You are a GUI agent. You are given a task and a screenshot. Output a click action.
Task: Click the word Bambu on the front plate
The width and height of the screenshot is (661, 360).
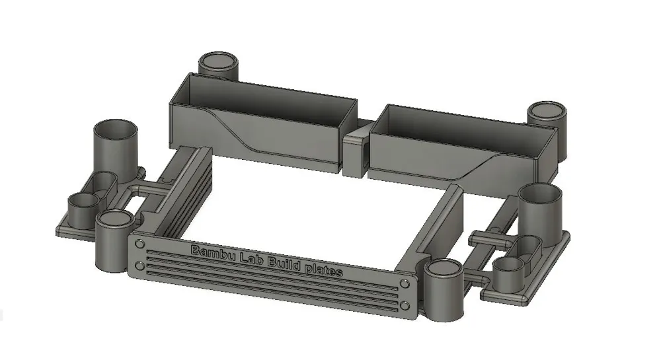pos(213,252)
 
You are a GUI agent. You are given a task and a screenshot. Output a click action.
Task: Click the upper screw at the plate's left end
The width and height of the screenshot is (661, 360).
pos(139,244)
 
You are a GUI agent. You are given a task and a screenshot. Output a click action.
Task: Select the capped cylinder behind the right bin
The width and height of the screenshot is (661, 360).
pos(548,112)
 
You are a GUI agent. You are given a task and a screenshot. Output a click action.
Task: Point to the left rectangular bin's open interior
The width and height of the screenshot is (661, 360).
pos(264,99)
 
